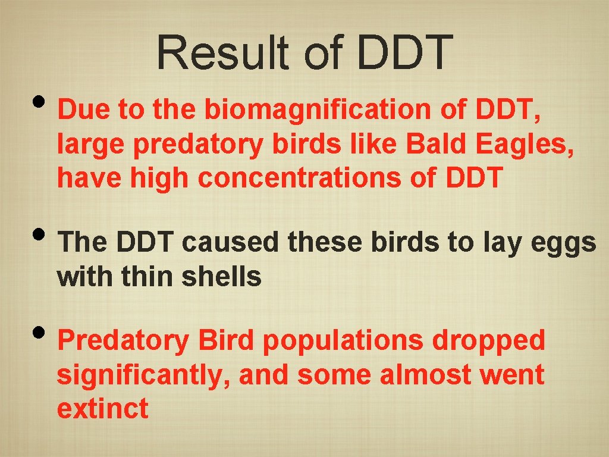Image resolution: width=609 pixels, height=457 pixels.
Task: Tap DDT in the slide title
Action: tap(404, 52)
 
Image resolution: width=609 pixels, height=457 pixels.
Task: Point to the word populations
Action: tap(343, 342)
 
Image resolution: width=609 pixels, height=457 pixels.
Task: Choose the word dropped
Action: tap(488, 342)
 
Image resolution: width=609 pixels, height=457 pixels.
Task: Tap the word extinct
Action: tap(102, 409)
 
